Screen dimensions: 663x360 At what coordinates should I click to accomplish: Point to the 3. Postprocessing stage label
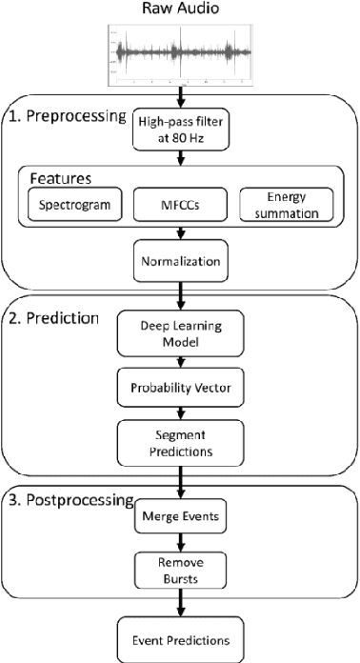[67, 500]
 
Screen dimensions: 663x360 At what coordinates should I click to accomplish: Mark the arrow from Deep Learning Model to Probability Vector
[180, 363]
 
